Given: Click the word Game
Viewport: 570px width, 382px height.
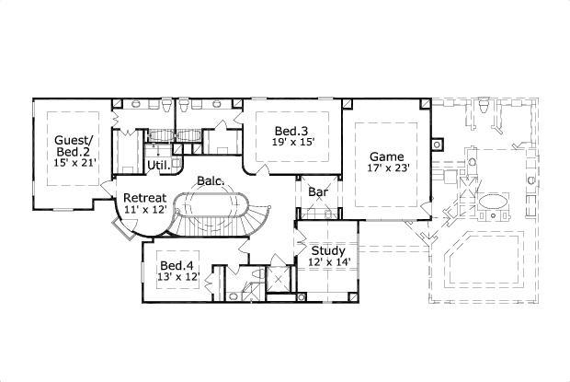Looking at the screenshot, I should click(x=387, y=156).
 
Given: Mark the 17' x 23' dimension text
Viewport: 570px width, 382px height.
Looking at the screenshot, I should click(x=387, y=168).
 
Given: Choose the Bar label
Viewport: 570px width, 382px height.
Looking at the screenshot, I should click(x=319, y=193).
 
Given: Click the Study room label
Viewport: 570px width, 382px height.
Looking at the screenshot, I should click(x=327, y=249).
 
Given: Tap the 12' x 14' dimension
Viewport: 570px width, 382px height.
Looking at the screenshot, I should click(x=327, y=262).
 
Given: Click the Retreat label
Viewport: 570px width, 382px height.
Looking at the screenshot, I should click(x=144, y=197).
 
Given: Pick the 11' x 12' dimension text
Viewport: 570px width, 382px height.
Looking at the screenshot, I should click(x=144, y=210).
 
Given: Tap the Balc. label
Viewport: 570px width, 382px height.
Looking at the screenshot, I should click(x=210, y=182).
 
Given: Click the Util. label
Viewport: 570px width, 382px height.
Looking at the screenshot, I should click(x=157, y=166).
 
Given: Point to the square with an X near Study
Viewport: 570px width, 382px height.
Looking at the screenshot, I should click(x=278, y=278).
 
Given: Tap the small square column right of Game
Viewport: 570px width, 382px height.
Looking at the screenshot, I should click(x=439, y=144).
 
